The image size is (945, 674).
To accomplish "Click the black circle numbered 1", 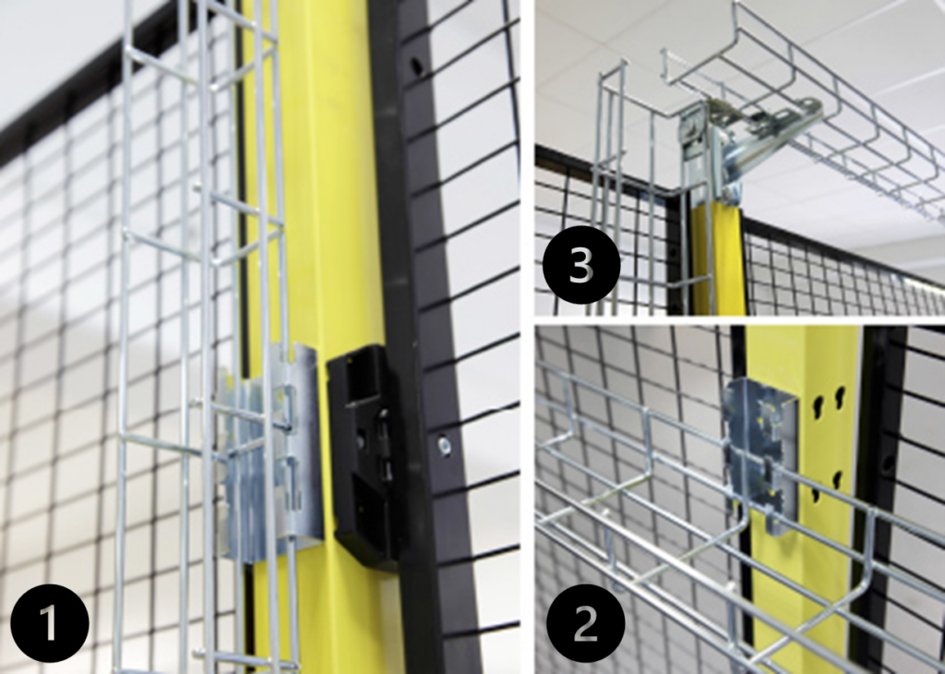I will pyautogui.click(x=49, y=624).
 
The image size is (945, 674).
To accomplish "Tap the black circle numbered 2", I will pyautogui.click(x=585, y=624).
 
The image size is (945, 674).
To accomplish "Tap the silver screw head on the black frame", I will pyautogui.click(x=445, y=447).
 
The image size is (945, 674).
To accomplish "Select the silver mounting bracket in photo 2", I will pyautogui.click(x=760, y=452).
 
